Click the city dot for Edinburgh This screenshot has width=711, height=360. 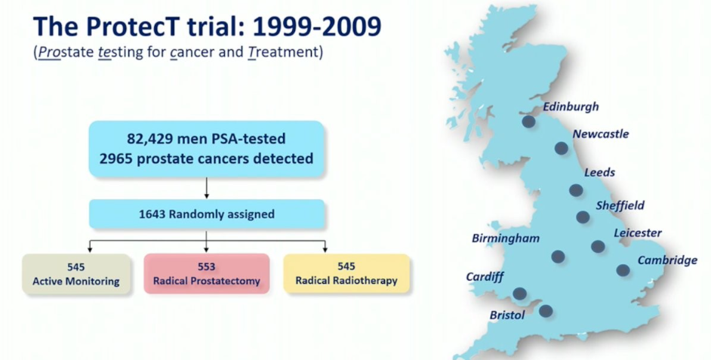[x=528, y=122]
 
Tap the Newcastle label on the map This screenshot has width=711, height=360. [x=600, y=134]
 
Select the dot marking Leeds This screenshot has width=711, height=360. [x=576, y=190]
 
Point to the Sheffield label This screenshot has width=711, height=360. [x=620, y=205]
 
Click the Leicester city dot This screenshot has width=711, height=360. [x=598, y=246]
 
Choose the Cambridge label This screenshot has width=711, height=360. [x=667, y=260]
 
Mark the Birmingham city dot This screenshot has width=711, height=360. [x=558, y=257]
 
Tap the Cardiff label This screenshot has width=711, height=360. [x=485, y=276]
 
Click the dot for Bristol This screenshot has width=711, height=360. [x=546, y=311]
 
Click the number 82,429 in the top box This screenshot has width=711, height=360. [x=149, y=139]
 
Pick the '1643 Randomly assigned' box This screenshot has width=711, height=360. [x=207, y=214]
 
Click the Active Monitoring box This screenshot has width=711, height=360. [x=76, y=274]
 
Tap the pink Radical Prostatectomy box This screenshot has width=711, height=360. [x=207, y=274]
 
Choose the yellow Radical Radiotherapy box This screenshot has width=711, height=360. [x=346, y=273]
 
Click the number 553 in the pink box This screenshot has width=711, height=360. [x=206, y=266]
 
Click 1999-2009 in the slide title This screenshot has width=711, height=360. [x=317, y=26]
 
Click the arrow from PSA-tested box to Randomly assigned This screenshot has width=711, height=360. [x=207, y=188]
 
